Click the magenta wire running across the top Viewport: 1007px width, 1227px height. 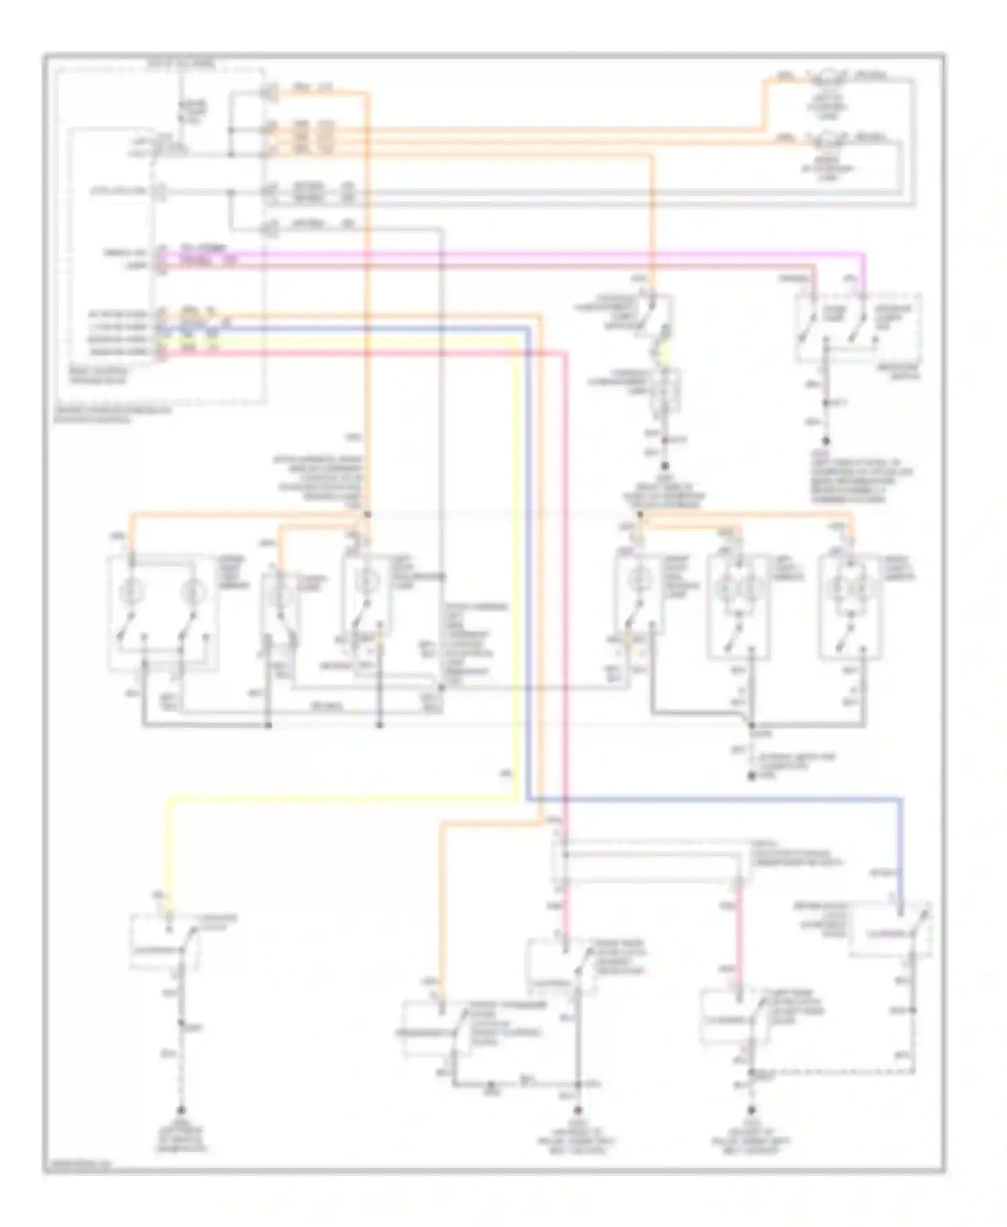510,254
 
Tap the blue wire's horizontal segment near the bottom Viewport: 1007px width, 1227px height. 712,799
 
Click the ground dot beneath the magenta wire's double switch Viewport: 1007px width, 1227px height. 826,441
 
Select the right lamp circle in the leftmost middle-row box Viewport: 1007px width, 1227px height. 190,591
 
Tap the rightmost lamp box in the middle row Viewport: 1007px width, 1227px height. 850,607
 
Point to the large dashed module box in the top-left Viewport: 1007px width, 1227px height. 161,235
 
